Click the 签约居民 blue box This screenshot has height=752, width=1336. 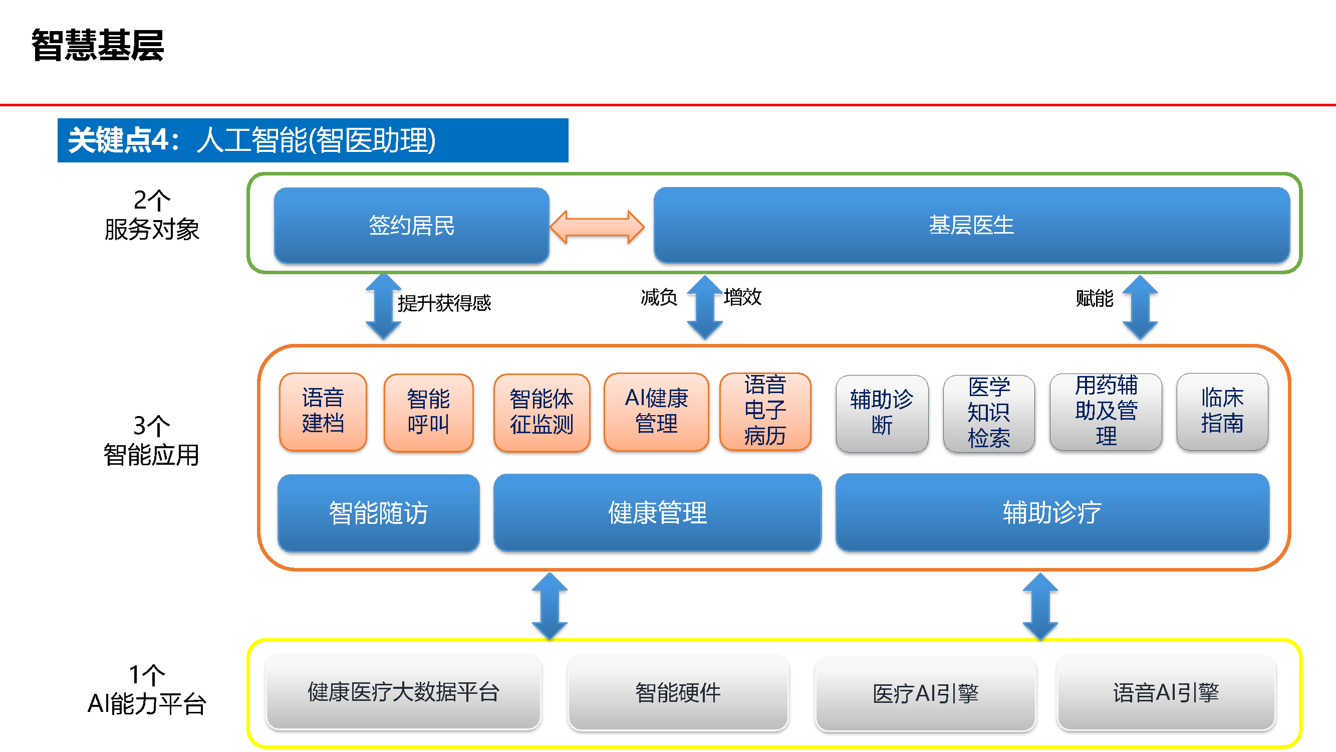point(411,225)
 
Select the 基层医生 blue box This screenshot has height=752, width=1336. point(971,225)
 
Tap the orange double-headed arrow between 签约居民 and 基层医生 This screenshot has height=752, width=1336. point(597,227)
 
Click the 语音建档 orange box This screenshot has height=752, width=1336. point(323,412)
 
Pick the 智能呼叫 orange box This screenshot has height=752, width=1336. point(428,412)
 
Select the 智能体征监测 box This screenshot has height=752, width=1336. point(542,412)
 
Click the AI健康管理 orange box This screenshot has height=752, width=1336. point(656,412)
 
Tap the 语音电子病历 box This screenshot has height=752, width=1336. point(765,411)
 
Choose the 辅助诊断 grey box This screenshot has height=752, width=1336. point(882,413)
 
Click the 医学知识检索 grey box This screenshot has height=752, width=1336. point(988,413)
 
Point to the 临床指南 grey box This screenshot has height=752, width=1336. point(1222,412)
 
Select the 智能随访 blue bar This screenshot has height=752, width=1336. point(378,513)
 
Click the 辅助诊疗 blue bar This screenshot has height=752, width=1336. point(1052,513)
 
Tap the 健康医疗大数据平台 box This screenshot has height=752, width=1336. point(403,692)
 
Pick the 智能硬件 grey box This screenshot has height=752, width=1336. point(678,693)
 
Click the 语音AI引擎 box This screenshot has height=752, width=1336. point(1165,693)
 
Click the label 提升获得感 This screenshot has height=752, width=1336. point(444,303)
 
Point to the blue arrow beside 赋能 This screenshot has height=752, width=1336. point(1140,307)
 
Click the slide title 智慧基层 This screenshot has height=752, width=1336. point(98,46)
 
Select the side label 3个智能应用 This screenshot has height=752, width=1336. point(151,441)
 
